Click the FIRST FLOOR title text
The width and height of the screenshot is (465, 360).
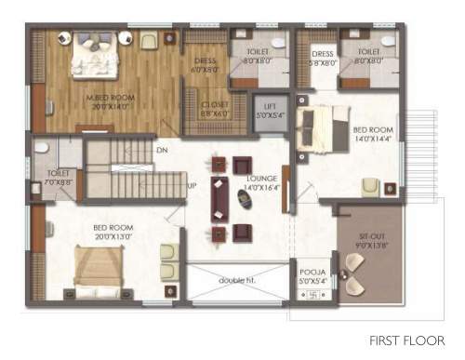[405, 340]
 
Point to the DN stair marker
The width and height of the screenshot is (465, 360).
[162, 150]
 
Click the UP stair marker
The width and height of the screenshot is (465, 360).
[193, 185]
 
